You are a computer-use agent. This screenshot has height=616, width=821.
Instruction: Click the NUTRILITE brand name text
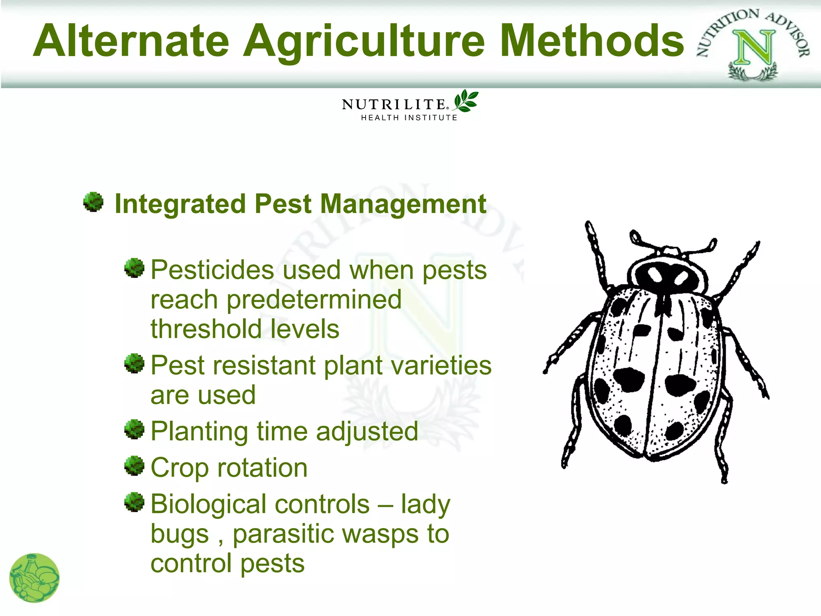pos(394,105)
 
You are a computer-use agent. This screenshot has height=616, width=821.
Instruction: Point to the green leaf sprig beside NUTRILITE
pos(466,101)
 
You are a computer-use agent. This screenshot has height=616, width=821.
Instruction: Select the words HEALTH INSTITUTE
pos(409,118)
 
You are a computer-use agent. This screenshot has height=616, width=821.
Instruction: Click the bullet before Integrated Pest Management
pos(93,202)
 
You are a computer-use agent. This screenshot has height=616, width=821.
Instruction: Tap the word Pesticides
pos(212,270)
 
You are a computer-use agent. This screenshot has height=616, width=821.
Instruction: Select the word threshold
pos(205,329)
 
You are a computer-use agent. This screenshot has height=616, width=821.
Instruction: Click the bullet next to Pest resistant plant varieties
pos(134,363)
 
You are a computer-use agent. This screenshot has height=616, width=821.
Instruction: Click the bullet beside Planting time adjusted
pos(134,429)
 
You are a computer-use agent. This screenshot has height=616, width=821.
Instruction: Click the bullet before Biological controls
pos(134,502)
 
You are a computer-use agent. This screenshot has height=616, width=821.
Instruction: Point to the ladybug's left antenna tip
pos(635,235)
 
